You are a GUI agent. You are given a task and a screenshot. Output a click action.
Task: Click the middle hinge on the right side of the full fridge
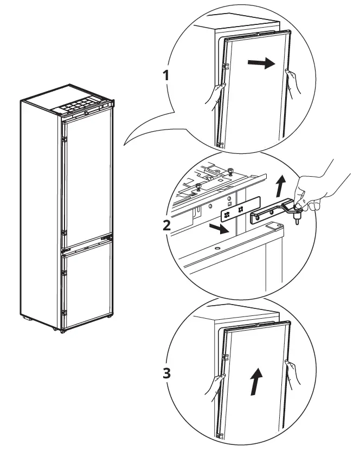[x=111, y=236]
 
